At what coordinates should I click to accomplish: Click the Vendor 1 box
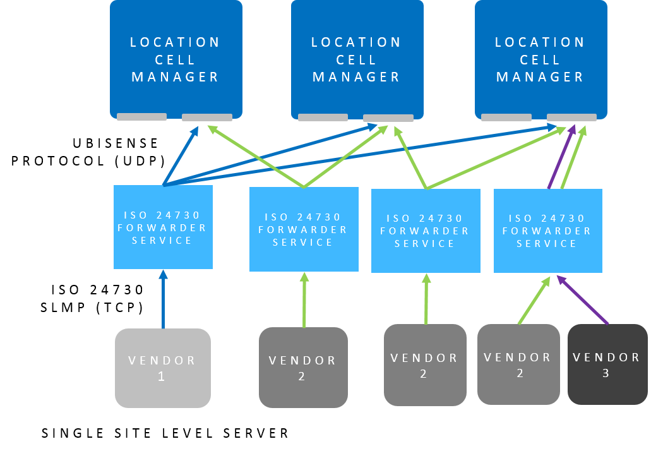(x=162, y=368)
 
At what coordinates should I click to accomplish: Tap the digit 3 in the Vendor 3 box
(x=606, y=373)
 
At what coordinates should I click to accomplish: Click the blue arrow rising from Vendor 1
(x=163, y=300)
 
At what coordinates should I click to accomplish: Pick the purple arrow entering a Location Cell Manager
(x=559, y=158)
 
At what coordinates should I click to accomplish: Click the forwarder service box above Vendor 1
(x=163, y=227)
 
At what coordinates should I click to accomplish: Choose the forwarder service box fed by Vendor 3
(x=547, y=231)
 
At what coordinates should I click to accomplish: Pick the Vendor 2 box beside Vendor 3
(x=518, y=364)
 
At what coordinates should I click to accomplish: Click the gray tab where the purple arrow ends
(x=571, y=117)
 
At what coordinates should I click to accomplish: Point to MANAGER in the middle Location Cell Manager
(x=357, y=77)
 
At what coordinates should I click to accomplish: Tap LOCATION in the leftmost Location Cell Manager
(x=176, y=42)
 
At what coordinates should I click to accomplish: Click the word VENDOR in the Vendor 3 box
(x=606, y=358)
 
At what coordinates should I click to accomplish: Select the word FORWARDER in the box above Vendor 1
(x=163, y=227)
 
